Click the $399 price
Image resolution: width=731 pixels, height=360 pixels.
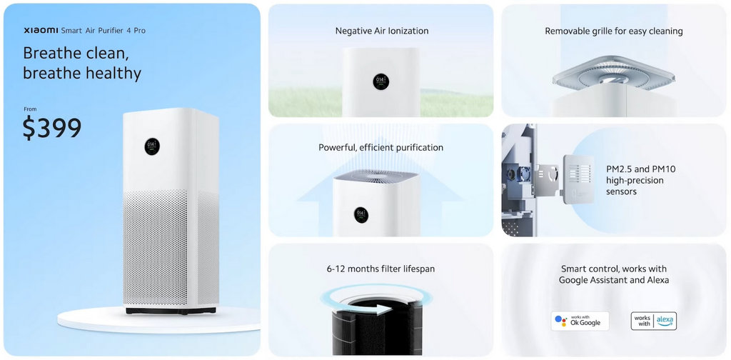51,129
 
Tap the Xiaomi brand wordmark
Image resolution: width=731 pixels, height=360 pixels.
41,31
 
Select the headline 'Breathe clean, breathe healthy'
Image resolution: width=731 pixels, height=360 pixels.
82,64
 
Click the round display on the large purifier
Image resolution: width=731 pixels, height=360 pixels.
152,146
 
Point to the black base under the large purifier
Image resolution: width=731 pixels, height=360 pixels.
171,310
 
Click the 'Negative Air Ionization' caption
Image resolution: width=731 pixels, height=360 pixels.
382,31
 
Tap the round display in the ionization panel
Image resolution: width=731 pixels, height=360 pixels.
381,81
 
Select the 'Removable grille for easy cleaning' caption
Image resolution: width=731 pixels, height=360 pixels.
613,31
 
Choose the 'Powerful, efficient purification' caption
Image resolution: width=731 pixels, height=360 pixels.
381,148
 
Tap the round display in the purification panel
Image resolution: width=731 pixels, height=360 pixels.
361,215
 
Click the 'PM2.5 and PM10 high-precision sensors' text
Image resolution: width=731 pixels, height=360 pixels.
640,180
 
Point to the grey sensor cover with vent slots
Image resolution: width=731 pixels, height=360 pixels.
578,179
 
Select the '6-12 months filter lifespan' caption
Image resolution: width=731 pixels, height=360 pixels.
381,269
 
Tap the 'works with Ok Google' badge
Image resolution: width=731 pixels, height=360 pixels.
580,321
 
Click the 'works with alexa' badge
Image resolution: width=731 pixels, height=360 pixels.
653,321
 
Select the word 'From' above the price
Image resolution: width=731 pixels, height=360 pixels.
30,109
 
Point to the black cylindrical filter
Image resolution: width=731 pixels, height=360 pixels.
377,327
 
